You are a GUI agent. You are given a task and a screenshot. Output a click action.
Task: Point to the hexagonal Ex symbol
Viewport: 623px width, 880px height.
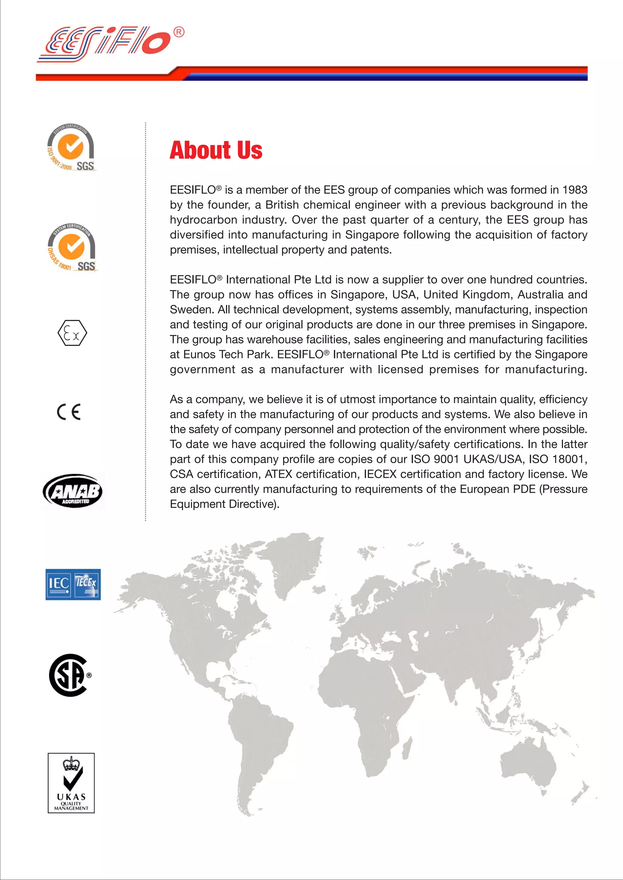click(x=72, y=333)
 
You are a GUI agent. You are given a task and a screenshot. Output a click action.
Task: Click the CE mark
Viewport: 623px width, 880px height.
click(x=69, y=412)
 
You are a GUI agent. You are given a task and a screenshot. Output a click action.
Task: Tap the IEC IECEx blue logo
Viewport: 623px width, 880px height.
click(x=73, y=584)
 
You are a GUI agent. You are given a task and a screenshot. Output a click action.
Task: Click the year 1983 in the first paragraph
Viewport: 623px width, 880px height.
click(x=574, y=190)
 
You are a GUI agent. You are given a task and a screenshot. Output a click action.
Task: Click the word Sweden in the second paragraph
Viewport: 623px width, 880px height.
click(x=191, y=309)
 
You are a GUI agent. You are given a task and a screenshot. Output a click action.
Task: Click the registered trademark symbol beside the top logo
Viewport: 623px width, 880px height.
click(x=179, y=32)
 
